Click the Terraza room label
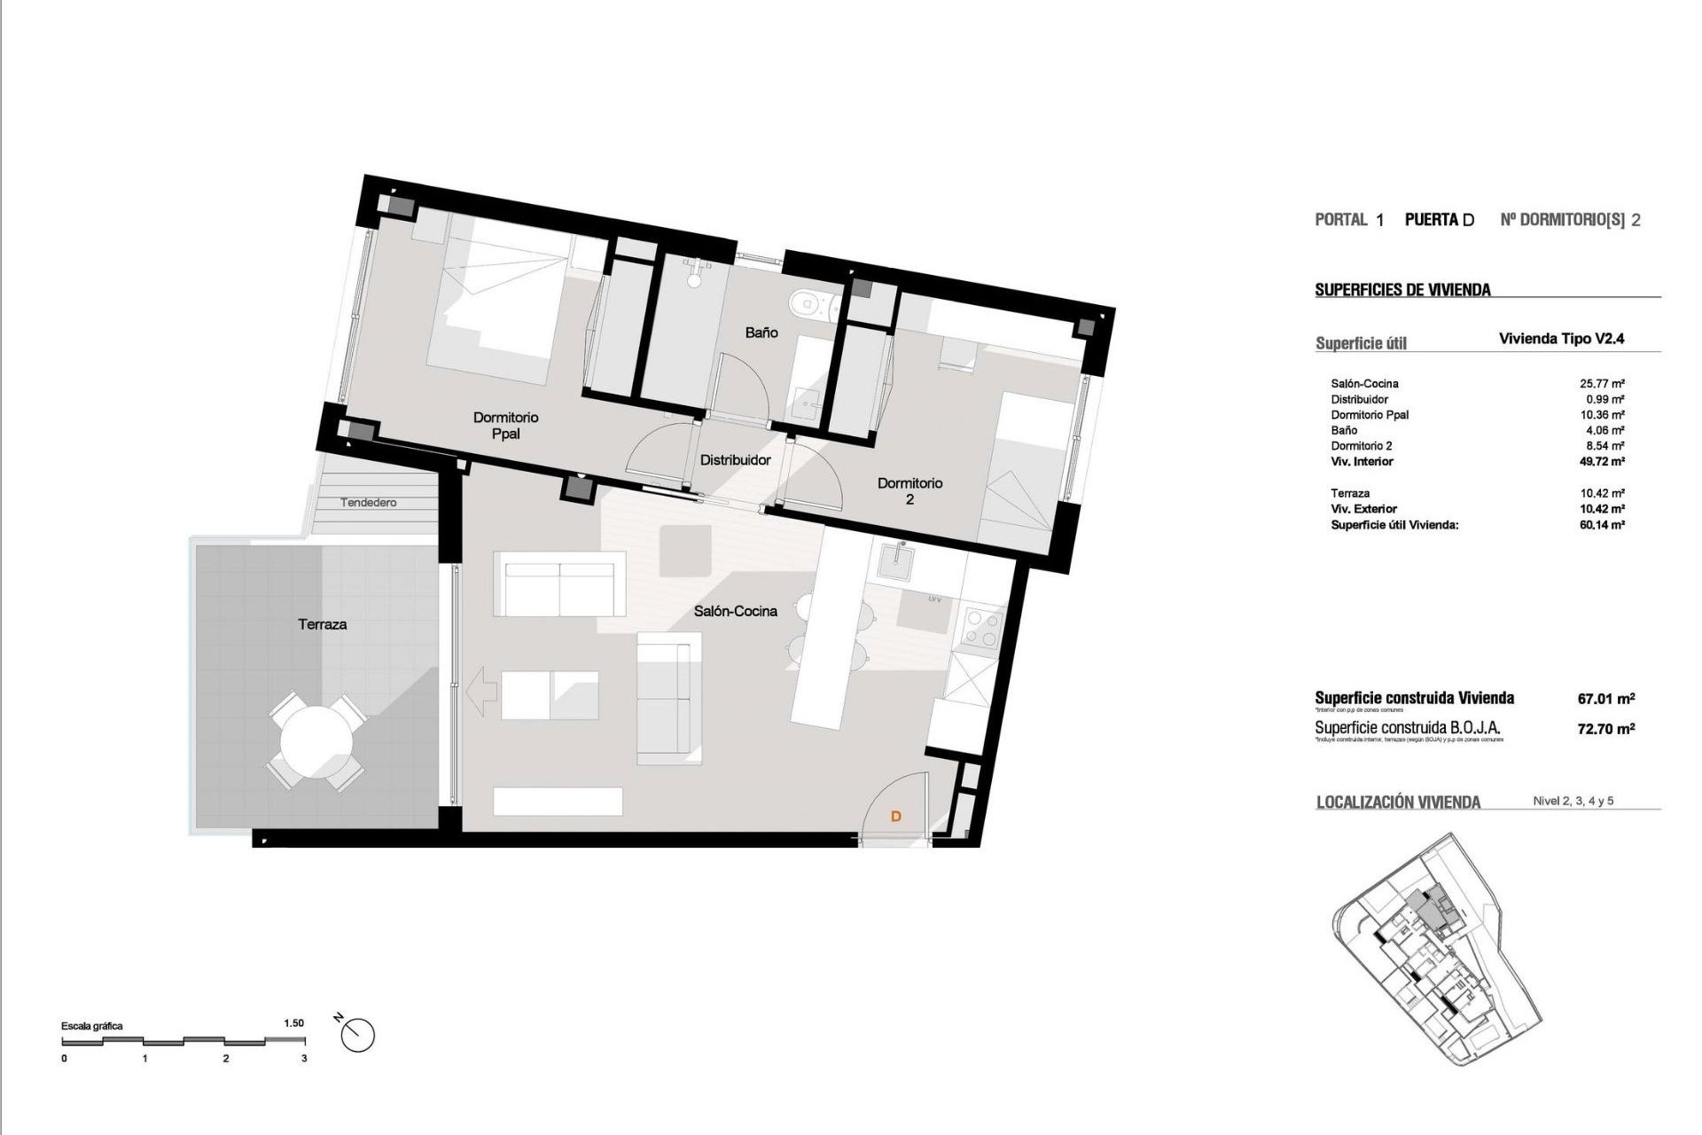click(322, 624)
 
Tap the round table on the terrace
click(316, 741)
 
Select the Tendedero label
click(369, 503)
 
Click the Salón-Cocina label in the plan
click(735, 611)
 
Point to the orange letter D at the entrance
click(895, 816)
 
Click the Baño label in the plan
click(761, 333)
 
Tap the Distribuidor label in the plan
click(735, 460)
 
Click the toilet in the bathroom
click(809, 303)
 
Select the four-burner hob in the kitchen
click(982, 627)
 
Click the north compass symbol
click(357, 1035)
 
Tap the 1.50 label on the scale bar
click(293, 1023)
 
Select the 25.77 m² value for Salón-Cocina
click(1601, 384)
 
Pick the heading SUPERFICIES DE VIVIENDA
click(1402, 290)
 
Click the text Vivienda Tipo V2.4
click(1561, 339)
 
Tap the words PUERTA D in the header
click(1439, 220)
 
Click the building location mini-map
click(1436, 949)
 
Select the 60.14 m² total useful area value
click(1601, 525)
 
